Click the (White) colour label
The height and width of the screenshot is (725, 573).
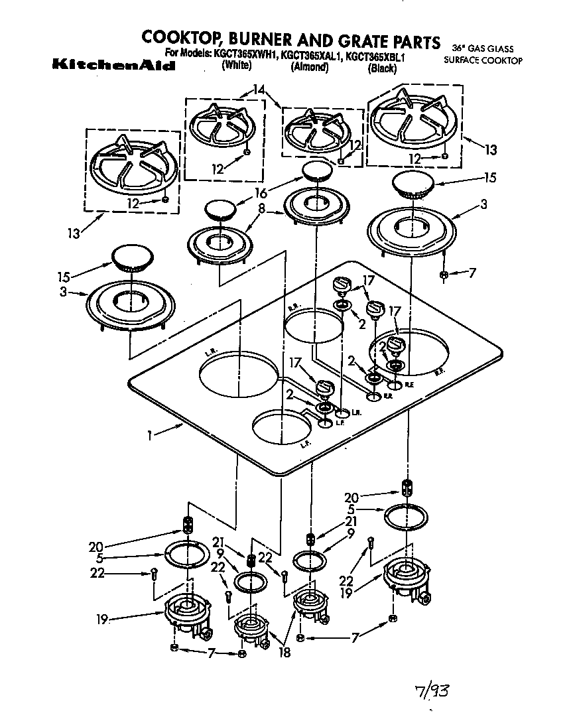[x=237, y=66]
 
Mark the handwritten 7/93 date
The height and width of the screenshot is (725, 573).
[x=432, y=692]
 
